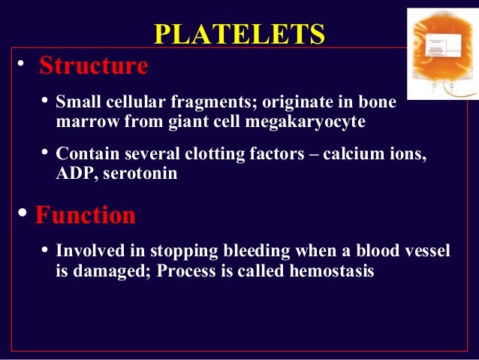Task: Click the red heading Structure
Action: [x=93, y=66]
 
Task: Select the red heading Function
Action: [x=86, y=216]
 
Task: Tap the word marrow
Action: [x=82, y=120]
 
